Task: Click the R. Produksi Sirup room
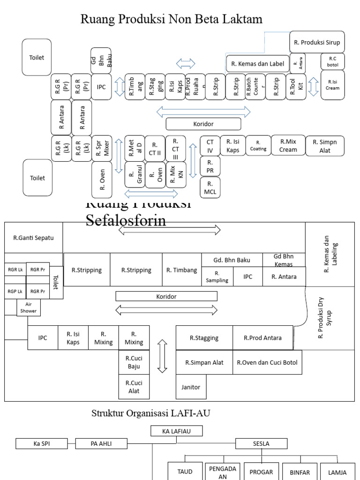coord(317,42)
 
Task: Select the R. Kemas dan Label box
coord(257,64)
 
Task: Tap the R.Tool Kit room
coord(296,87)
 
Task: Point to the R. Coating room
coord(258,146)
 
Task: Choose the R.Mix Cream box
coord(288,146)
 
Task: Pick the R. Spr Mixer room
coord(102,149)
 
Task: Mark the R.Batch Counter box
coord(255,87)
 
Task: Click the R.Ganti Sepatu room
coord(33,238)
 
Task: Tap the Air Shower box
coord(28,307)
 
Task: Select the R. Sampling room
coord(217,277)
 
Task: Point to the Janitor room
coord(191,387)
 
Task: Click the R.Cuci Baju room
coord(134,362)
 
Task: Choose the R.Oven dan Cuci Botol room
coord(267,362)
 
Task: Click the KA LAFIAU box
coord(170,431)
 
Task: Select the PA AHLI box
coord(102,443)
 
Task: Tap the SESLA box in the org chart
coord(260,443)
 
